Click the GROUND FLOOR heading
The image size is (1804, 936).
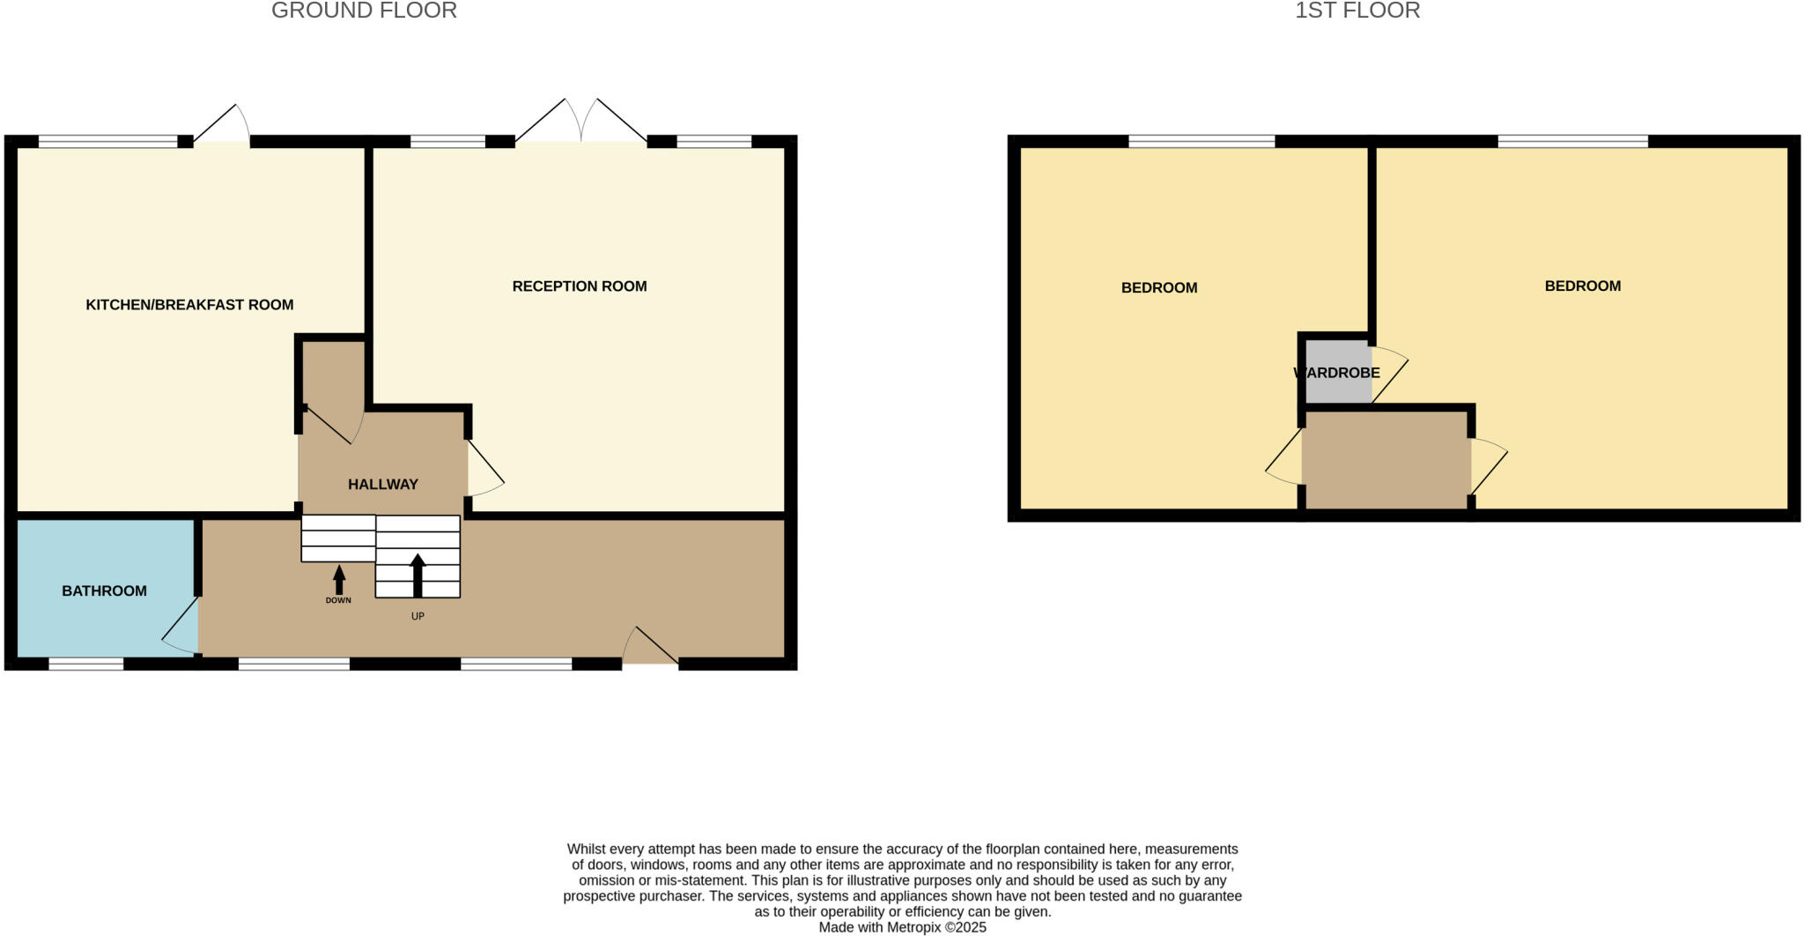click(x=364, y=11)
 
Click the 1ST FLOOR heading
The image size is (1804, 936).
click(x=1357, y=11)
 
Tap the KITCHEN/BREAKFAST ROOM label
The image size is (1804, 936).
click(x=189, y=305)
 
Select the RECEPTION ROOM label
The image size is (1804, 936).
click(x=580, y=286)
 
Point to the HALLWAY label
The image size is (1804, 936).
click(x=382, y=484)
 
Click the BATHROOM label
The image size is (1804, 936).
click(x=104, y=591)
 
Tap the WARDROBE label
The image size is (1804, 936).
click(x=1336, y=373)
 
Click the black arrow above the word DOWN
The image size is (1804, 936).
click(x=339, y=579)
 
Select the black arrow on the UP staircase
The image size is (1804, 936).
click(x=418, y=575)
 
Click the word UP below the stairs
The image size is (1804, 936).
click(x=418, y=616)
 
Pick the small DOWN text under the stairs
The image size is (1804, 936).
click(x=338, y=601)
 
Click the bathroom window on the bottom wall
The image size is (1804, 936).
click(x=85, y=664)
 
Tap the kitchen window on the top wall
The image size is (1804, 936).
click(x=107, y=141)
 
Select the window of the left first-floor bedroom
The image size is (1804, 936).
click(x=1201, y=141)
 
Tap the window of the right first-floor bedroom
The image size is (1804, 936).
click(x=1572, y=141)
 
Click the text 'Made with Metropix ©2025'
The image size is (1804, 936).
click(x=902, y=927)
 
